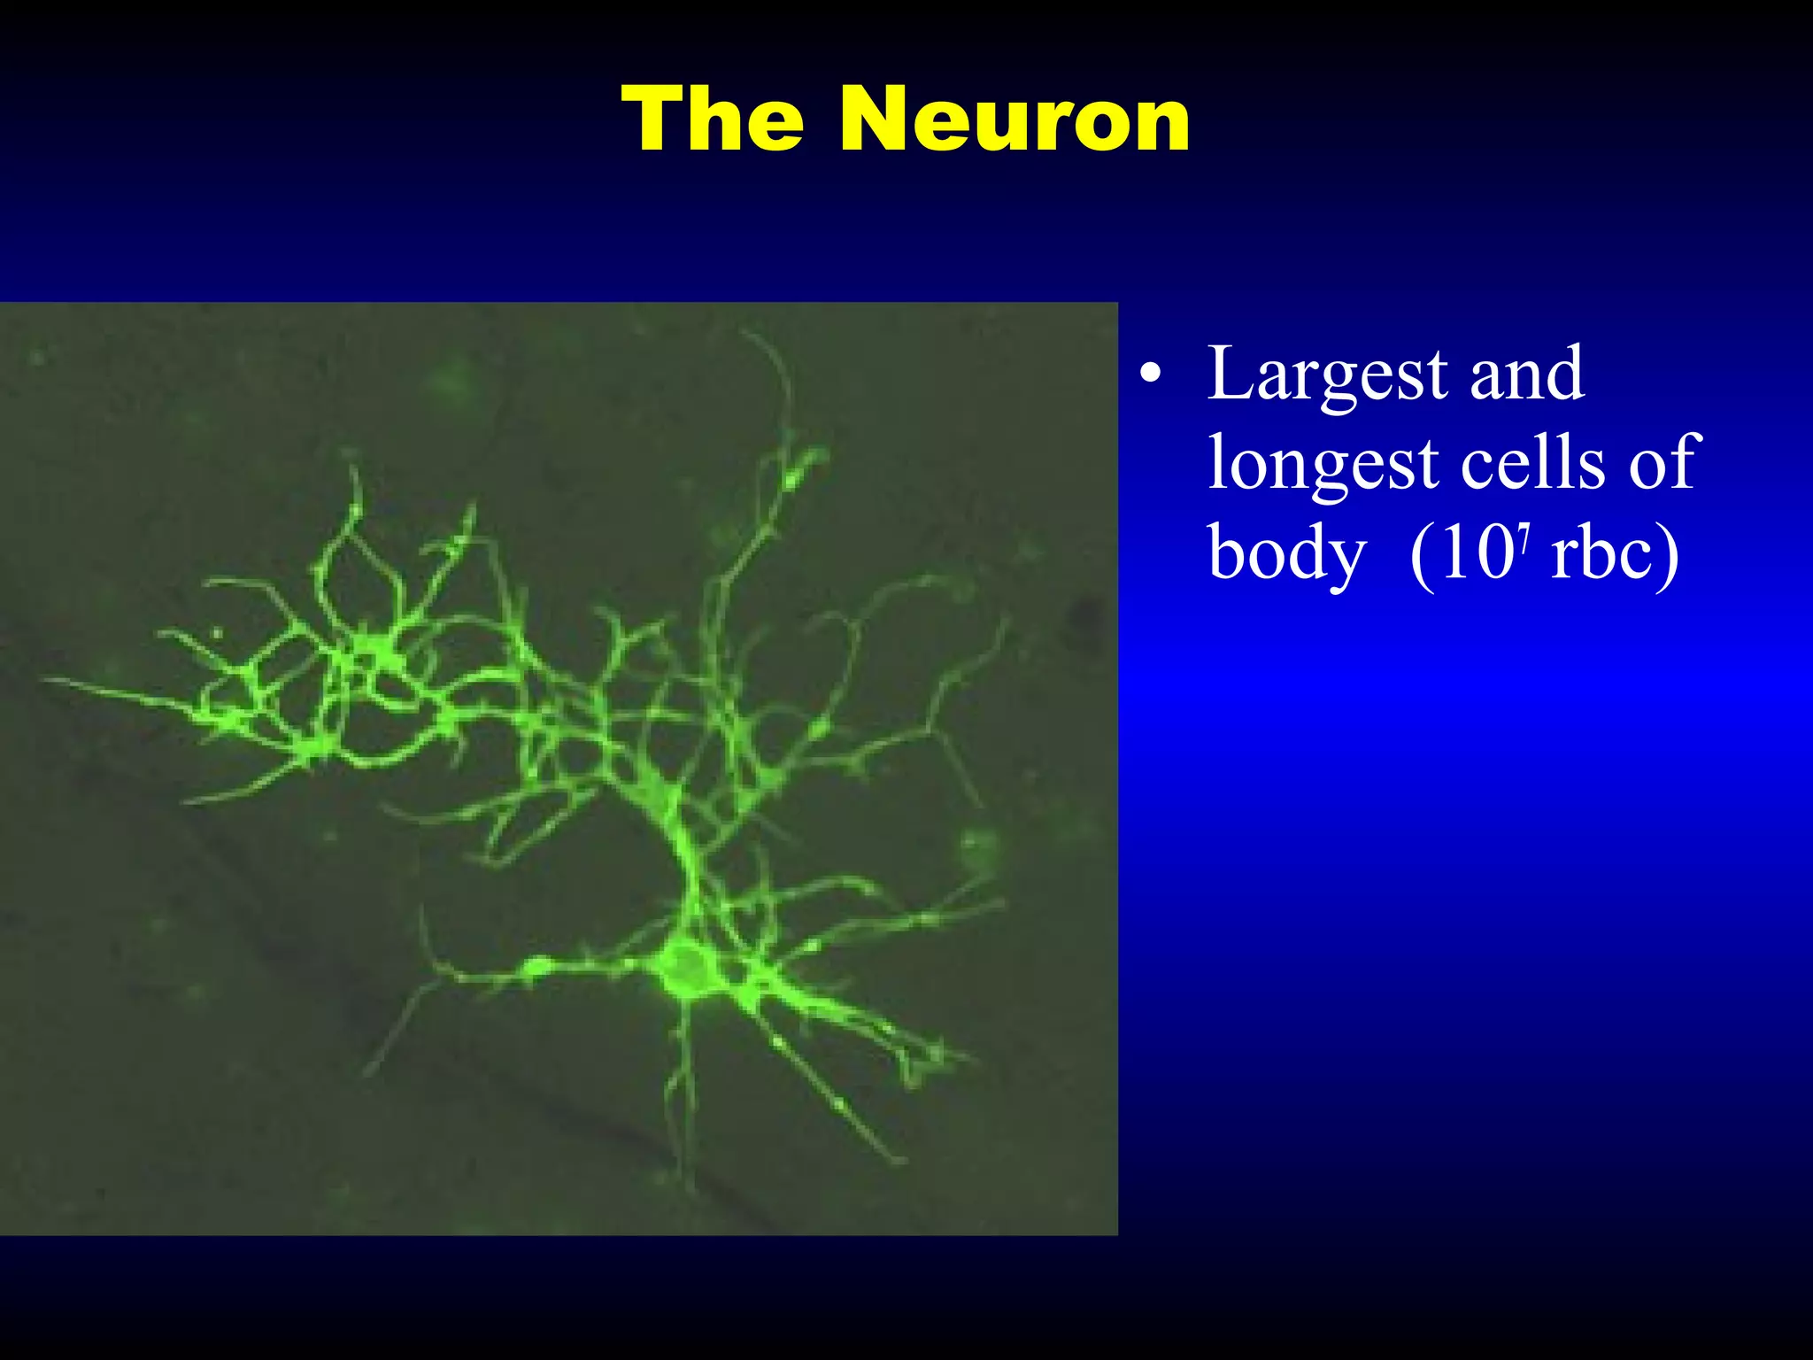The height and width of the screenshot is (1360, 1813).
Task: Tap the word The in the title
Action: click(x=714, y=120)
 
